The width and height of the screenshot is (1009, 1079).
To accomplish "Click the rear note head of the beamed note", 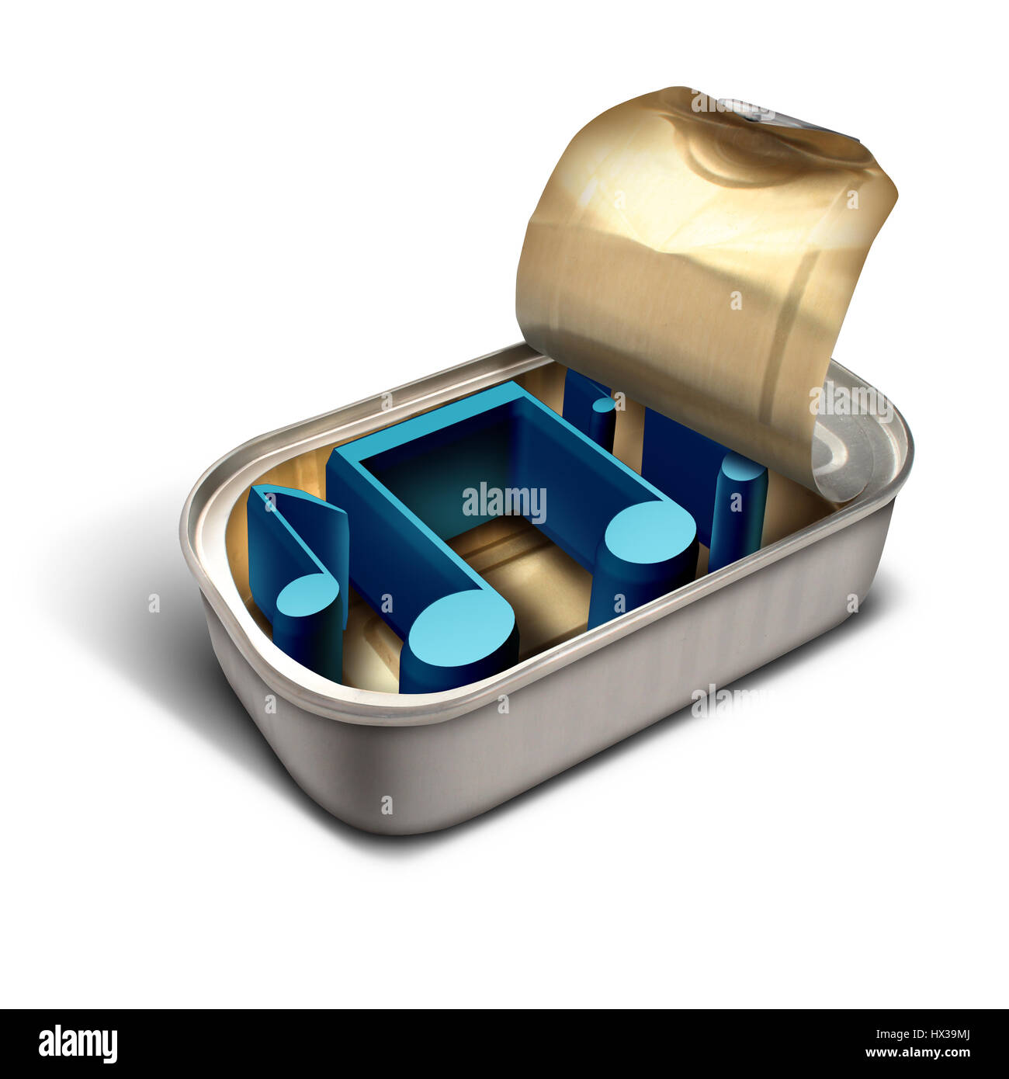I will point(650,533).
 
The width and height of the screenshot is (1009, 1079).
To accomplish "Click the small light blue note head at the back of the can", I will point(602,404).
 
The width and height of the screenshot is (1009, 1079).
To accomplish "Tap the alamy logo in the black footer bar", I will point(78,1044).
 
